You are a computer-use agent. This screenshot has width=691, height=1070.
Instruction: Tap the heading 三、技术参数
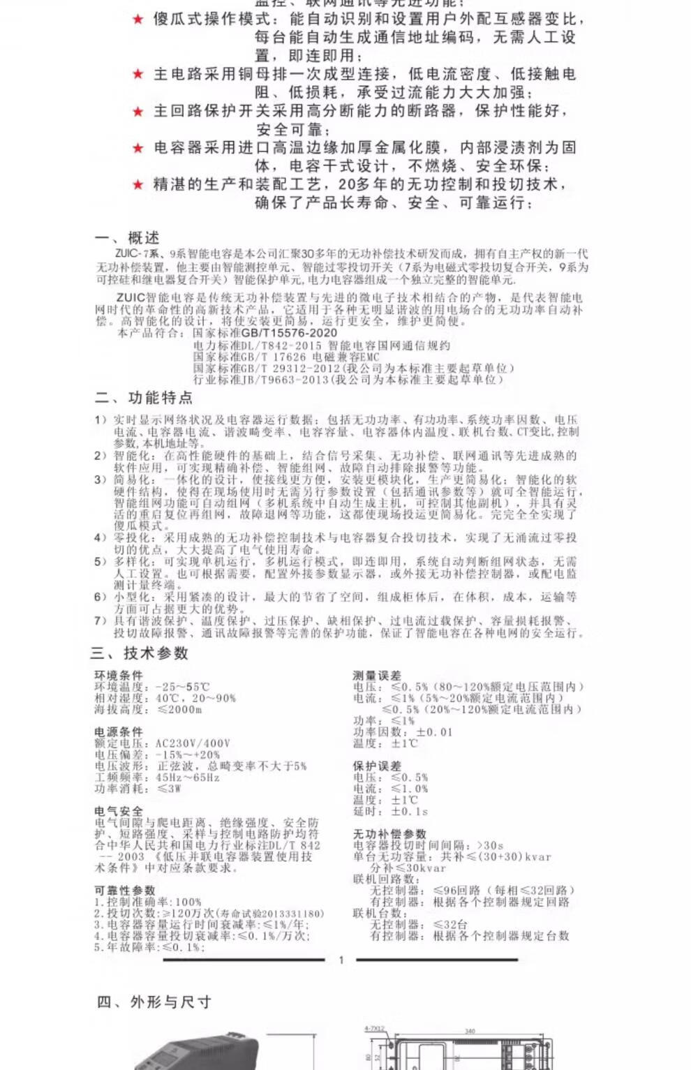(140, 653)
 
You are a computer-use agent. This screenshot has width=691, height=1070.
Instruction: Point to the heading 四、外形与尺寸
(154, 1002)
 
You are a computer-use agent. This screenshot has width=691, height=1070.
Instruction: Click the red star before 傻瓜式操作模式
(138, 20)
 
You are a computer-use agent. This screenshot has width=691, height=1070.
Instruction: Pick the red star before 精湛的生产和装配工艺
(138, 185)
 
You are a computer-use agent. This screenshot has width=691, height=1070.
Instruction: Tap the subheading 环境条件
(119, 675)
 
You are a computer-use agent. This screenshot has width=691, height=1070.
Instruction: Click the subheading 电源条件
(119, 731)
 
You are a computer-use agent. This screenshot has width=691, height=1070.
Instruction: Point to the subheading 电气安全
(119, 811)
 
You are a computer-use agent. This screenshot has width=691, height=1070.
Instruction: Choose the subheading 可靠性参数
(124, 891)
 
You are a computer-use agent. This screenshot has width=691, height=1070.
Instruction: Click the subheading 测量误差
(377, 675)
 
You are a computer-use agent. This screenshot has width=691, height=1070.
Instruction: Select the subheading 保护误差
(377, 766)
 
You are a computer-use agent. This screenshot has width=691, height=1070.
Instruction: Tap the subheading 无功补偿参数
(389, 833)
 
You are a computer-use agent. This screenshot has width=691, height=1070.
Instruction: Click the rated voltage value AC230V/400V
(193, 743)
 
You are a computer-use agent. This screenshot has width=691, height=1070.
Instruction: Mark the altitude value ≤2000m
(179, 709)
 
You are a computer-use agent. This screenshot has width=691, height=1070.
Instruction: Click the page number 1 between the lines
(341, 960)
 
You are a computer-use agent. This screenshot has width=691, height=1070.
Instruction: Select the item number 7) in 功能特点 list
(101, 621)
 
